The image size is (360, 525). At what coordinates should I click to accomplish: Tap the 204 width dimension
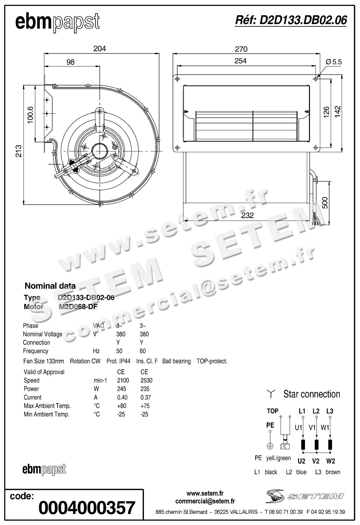coord(99,49)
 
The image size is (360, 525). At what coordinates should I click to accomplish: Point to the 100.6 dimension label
coord(30,115)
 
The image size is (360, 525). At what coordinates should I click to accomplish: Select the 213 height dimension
coord(19,151)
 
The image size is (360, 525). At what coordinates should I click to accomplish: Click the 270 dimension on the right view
coord(241,49)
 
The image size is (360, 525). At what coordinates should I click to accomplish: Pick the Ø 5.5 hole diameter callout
coord(334,62)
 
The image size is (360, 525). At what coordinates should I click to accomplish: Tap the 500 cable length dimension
coord(325,203)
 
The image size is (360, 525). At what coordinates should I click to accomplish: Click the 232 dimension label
coord(247,215)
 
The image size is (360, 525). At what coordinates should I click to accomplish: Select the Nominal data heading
coord(50,286)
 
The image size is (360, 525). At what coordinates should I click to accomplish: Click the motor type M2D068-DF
coord(78,307)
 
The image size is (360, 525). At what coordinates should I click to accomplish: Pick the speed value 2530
coord(146,380)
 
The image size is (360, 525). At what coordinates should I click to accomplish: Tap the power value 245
coord(122,389)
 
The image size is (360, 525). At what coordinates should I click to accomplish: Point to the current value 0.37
coord(145,397)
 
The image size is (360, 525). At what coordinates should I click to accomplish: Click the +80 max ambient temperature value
coord(122,406)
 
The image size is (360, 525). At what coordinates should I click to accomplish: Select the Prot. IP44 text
coord(118,361)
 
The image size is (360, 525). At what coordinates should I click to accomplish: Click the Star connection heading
coord(312,394)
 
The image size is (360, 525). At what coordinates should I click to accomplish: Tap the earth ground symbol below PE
coord(270,446)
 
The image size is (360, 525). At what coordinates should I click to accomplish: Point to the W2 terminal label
coord(330,461)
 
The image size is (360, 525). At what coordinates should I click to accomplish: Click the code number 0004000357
coord(87,508)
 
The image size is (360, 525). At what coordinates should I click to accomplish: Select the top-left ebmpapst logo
coord(58,22)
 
